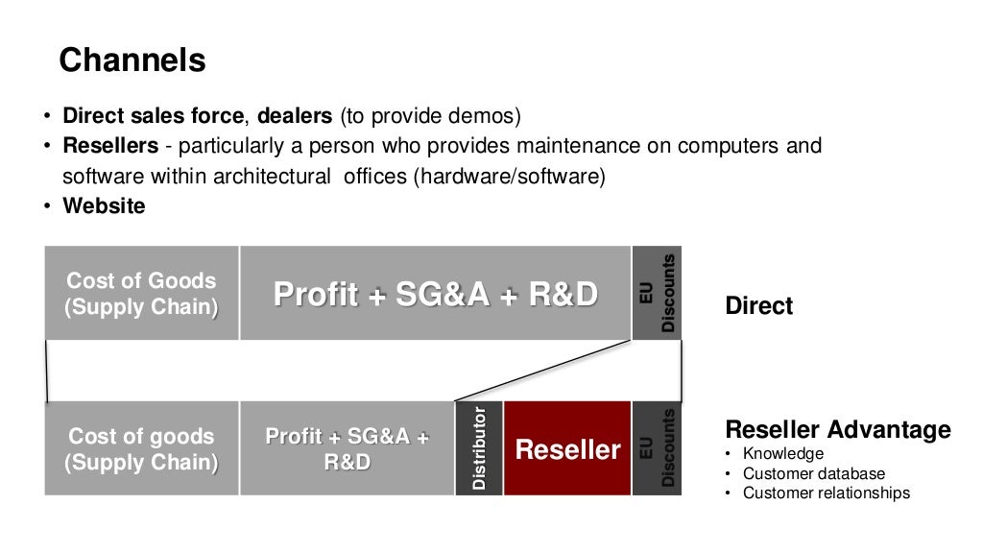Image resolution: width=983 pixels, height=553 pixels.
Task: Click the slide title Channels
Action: click(132, 60)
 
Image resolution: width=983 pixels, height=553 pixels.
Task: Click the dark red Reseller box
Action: click(567, 448)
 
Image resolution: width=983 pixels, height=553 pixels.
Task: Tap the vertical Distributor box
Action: click(479, 448)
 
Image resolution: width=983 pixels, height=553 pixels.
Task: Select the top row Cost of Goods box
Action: click(141, 294)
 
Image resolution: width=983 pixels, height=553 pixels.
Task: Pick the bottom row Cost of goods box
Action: click(141, 448)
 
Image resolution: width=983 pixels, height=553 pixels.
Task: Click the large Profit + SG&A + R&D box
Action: click(435, 294)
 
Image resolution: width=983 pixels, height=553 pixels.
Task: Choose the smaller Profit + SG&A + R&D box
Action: click(347, 448)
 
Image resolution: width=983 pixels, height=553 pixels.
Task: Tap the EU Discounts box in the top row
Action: click(657, 294)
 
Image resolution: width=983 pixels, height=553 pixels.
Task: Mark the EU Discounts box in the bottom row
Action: click(657, 448)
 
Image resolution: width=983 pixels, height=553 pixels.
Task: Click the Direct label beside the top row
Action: click(759, 306)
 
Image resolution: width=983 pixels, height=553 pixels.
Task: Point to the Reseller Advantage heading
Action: click(838, 429)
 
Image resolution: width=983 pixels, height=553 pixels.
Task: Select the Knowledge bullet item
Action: click(783, 453)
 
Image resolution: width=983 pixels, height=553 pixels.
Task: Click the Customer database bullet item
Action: click(814, 473)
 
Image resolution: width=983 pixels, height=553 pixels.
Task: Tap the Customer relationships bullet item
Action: click(827, 493)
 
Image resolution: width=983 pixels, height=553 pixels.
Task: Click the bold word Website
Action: click(105, 205)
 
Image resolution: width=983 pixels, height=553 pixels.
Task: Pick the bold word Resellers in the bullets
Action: click(110, 146)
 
